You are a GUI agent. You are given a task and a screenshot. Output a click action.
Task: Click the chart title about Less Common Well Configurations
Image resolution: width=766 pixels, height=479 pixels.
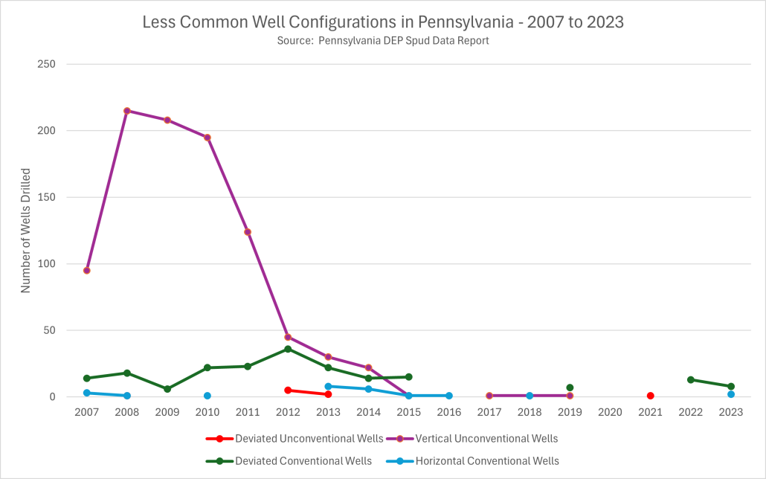pyautogui.click(x=382, y=22)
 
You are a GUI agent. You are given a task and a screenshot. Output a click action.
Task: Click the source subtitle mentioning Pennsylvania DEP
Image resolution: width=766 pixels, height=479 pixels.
pyautogui.click(x=382, y=41)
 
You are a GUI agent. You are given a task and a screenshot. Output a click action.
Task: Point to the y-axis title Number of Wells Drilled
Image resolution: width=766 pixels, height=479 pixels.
pyautogui.click(x=25, y=231)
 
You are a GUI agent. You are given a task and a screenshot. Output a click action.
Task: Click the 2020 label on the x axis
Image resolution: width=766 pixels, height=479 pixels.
pyautogui.click(x=610, y=411)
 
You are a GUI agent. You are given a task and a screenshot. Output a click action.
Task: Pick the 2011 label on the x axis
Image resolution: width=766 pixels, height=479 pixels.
pyautogui.click(x=248, y=411)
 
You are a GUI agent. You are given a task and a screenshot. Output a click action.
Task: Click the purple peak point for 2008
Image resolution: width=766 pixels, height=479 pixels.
pyautogui.click(x=127, y=111)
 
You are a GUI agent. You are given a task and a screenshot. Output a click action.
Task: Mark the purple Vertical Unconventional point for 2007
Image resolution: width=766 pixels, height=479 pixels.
pyautogui.click(x=87, y=270)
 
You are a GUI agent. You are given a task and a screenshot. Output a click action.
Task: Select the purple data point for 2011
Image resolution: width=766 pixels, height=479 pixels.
pyautogui.click(x=248, y=232)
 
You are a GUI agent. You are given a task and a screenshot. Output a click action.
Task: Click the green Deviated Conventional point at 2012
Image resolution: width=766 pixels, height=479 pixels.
pyautogui.click(x=288, y=349)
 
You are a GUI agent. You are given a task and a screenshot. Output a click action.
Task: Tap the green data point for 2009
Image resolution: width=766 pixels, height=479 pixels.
pyautogui.click(x=167, y=389)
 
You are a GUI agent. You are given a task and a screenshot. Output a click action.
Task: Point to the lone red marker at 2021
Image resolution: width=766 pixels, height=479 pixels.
pyautogui.click(x=650, y=396)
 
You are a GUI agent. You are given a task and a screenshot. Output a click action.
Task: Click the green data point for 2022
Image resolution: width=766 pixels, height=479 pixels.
pyautogui.click(x=691, y=379)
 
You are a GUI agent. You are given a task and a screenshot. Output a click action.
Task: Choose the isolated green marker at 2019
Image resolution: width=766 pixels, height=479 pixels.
pyautogui.click(x=570, y=388)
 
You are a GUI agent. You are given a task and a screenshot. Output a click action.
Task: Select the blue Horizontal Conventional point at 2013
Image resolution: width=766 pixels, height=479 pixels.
pyautogui.click(x=328, y=386)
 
